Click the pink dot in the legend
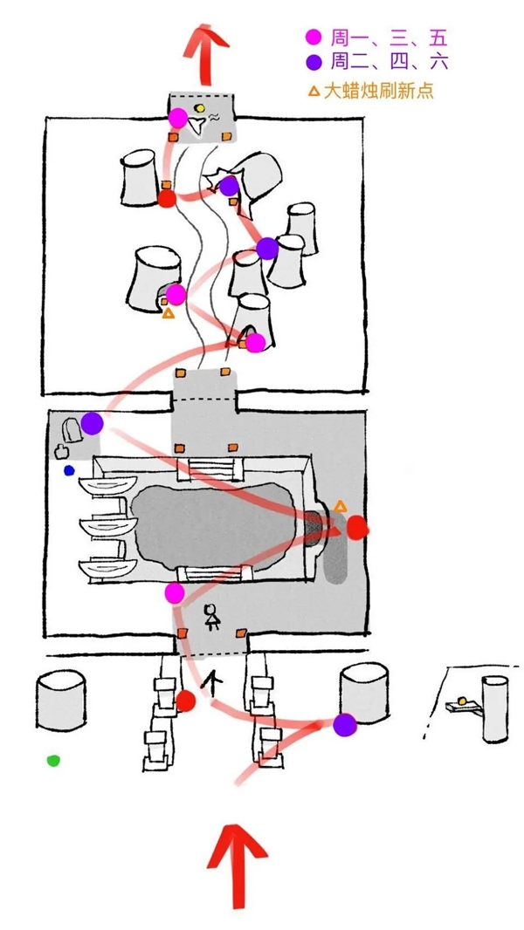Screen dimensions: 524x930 [313, 38]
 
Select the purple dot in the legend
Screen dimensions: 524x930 [313, 62]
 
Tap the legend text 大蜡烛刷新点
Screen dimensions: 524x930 [379, 92]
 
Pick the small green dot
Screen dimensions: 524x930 [53, 761]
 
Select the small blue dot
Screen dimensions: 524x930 [70, 471]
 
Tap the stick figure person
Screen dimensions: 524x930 [212, 617]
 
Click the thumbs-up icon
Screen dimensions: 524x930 [60, 452]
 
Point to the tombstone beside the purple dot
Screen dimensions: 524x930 [72, 429]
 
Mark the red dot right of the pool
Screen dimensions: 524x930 [356, 527]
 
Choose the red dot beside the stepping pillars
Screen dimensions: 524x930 [186, 701]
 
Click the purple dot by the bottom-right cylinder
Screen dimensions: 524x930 [344, 725]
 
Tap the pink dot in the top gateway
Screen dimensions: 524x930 [177, 118]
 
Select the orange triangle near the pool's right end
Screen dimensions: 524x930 [340, 507]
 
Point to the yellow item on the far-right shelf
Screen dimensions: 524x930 [462, 701]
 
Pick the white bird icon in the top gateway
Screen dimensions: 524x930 [196, 127]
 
